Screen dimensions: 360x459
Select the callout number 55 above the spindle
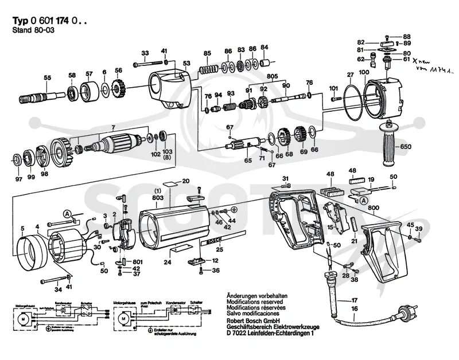pyautogui.click(x=48, y=77)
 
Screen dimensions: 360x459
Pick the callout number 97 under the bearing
pyautogui.click(x=19, y=179)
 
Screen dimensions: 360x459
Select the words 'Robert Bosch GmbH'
pyautogui.click(x=250, y=322)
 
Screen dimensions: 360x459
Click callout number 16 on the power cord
pyautogui.click(x=354, y=308)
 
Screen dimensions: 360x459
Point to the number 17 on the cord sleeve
pyautogui.click(x=354, y=300)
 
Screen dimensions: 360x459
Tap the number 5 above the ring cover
pyautogui.click(x=22, y=229)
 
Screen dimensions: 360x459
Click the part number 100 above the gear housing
pyautogui.click(x=364, y=73)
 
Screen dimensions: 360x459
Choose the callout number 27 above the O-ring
pyautogui.click(x=350, y=74)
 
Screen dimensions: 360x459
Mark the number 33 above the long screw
pyautogui.click(x=145, y=53)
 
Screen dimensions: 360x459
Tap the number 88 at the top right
pyautogui.click(x=407, y=36)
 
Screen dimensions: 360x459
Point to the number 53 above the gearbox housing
pyautogui.click(x=186, y=63)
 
